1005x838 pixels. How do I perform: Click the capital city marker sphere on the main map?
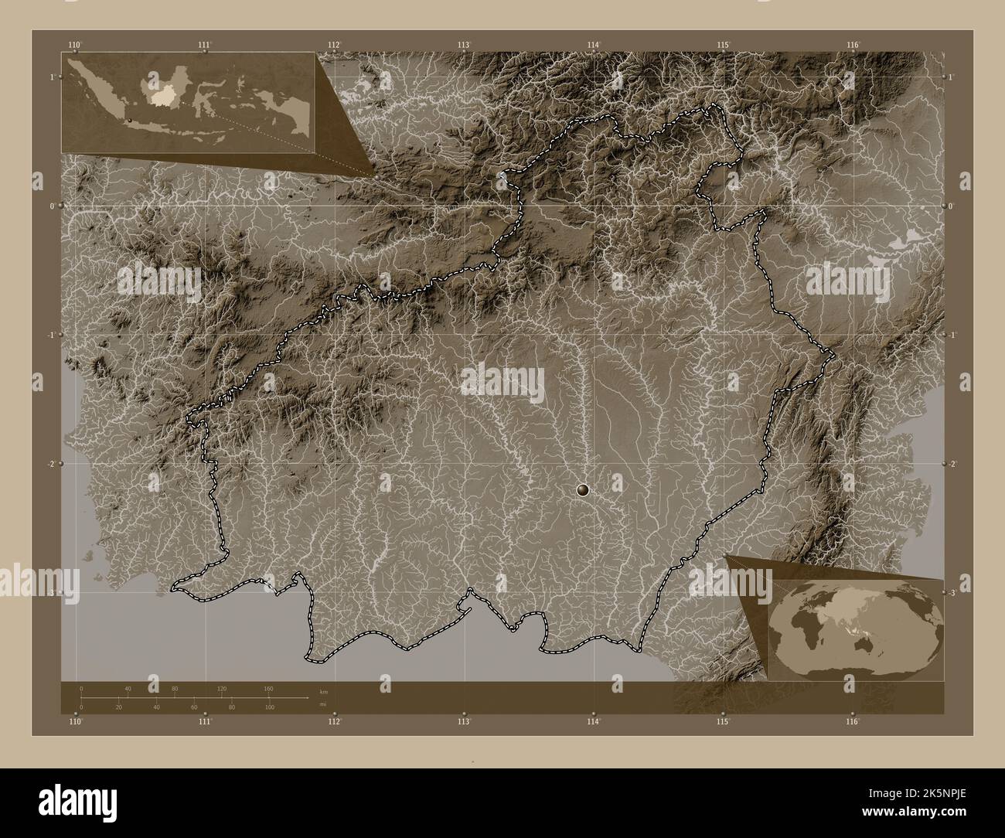583,489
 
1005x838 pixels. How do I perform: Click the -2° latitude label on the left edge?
51,464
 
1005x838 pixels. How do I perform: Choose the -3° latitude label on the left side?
51,593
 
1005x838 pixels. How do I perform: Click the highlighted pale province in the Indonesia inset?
163,95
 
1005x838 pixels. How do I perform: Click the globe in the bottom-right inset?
857,625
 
